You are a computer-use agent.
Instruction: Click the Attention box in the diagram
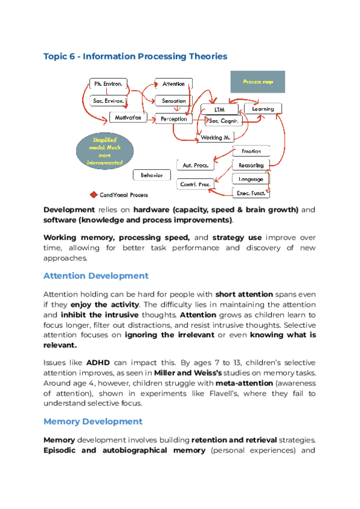click(x=173, y=84)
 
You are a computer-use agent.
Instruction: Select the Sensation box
click(x=173, y=101)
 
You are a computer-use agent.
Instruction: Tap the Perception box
click(x=173, y=119)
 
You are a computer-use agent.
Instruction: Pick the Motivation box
click(x=128, y=118)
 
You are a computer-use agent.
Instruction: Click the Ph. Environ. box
click(x=108, y=83)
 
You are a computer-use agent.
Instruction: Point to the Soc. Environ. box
click(x=108, y=101)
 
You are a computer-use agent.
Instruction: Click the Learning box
click(x=263, y=109)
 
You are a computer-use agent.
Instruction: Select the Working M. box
click(x=215, y=138)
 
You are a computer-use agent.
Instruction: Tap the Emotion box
click(x=251, y=151)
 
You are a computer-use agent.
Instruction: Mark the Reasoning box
click(x=251, y=165)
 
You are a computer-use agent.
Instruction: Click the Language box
click(x=251, y=179)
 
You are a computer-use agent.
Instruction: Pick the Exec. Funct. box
click(x=251, y=193)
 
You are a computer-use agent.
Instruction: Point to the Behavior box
click(x=152, y=175)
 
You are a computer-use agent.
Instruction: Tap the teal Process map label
click(x=258, y=82)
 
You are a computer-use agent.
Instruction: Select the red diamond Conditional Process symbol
click(x=94, y=194)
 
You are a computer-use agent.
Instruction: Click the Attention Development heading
click(x=95, y=276)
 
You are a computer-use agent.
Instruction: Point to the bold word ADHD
click(x=98, y=363)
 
